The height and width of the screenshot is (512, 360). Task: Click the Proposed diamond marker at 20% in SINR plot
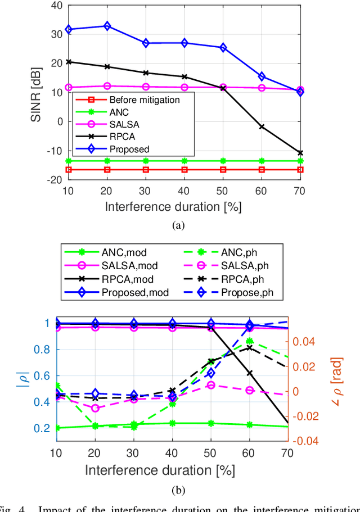(x=107, y=26)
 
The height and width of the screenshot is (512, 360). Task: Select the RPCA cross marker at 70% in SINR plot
(x=300, y=153)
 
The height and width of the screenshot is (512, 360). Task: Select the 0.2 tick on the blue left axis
(x=44, y=428)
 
